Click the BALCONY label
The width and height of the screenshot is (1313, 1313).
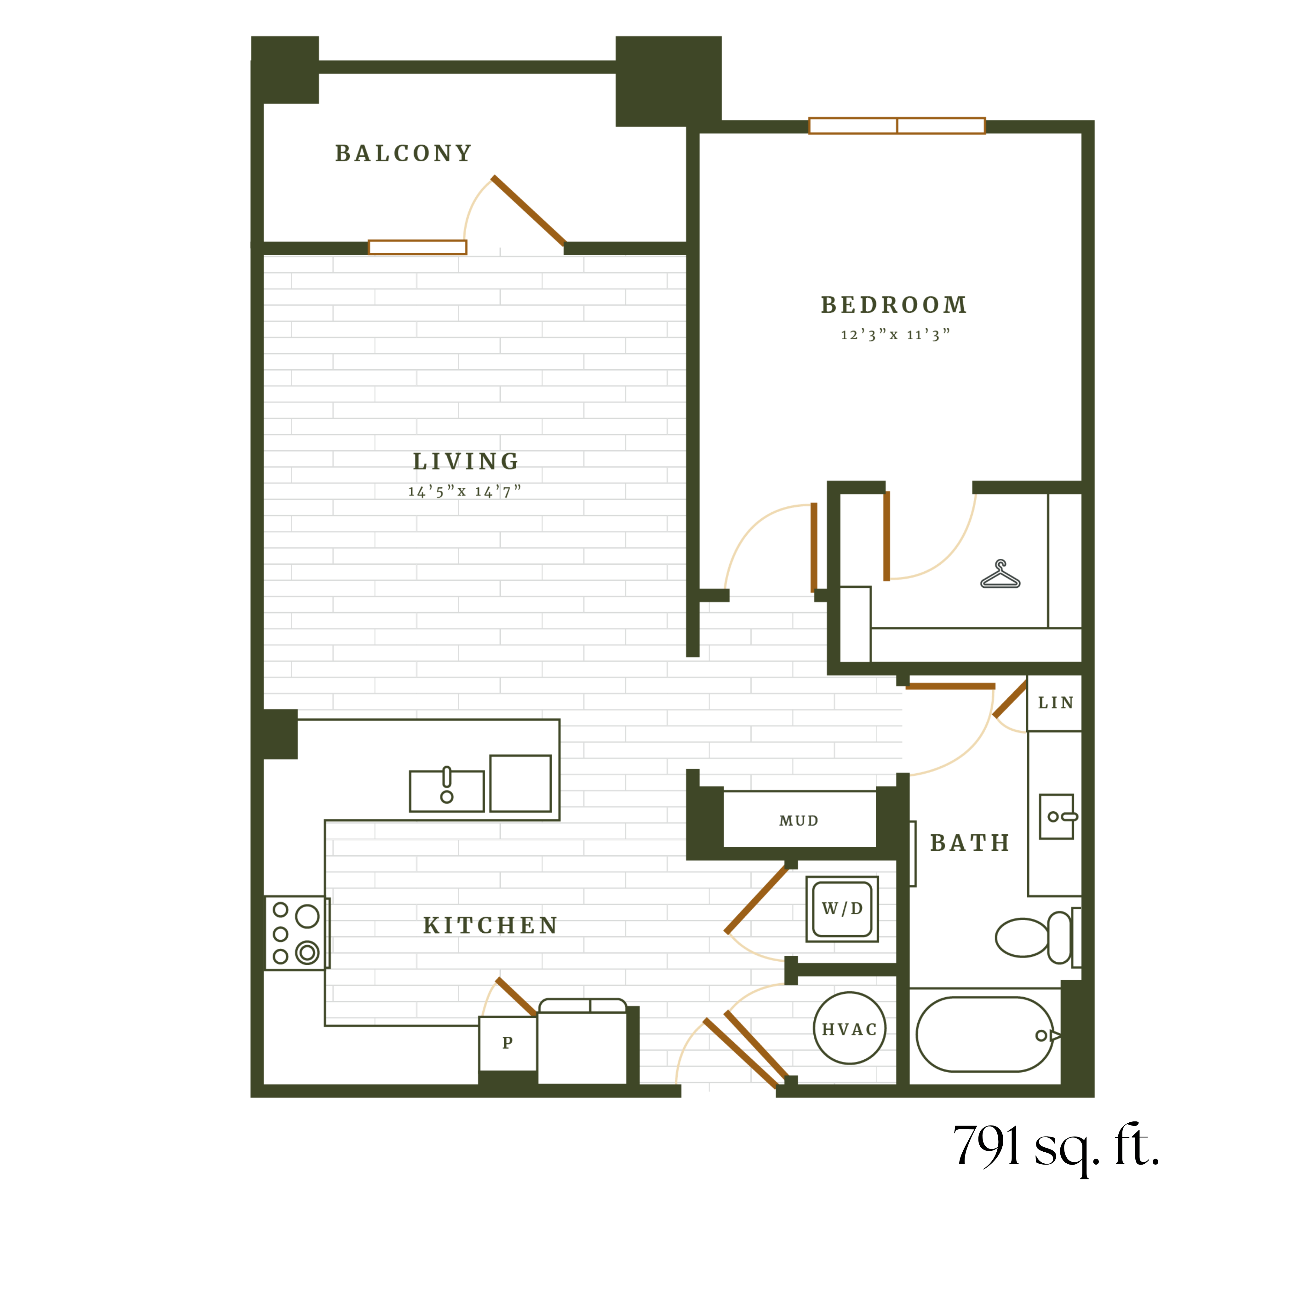[404, 153]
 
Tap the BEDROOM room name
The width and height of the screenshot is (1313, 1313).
[894, 305]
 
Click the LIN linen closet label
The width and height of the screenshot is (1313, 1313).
[1055, 703]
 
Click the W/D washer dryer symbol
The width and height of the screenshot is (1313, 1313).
[842, 909]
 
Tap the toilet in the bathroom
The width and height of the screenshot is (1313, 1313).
[1033, 938]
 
